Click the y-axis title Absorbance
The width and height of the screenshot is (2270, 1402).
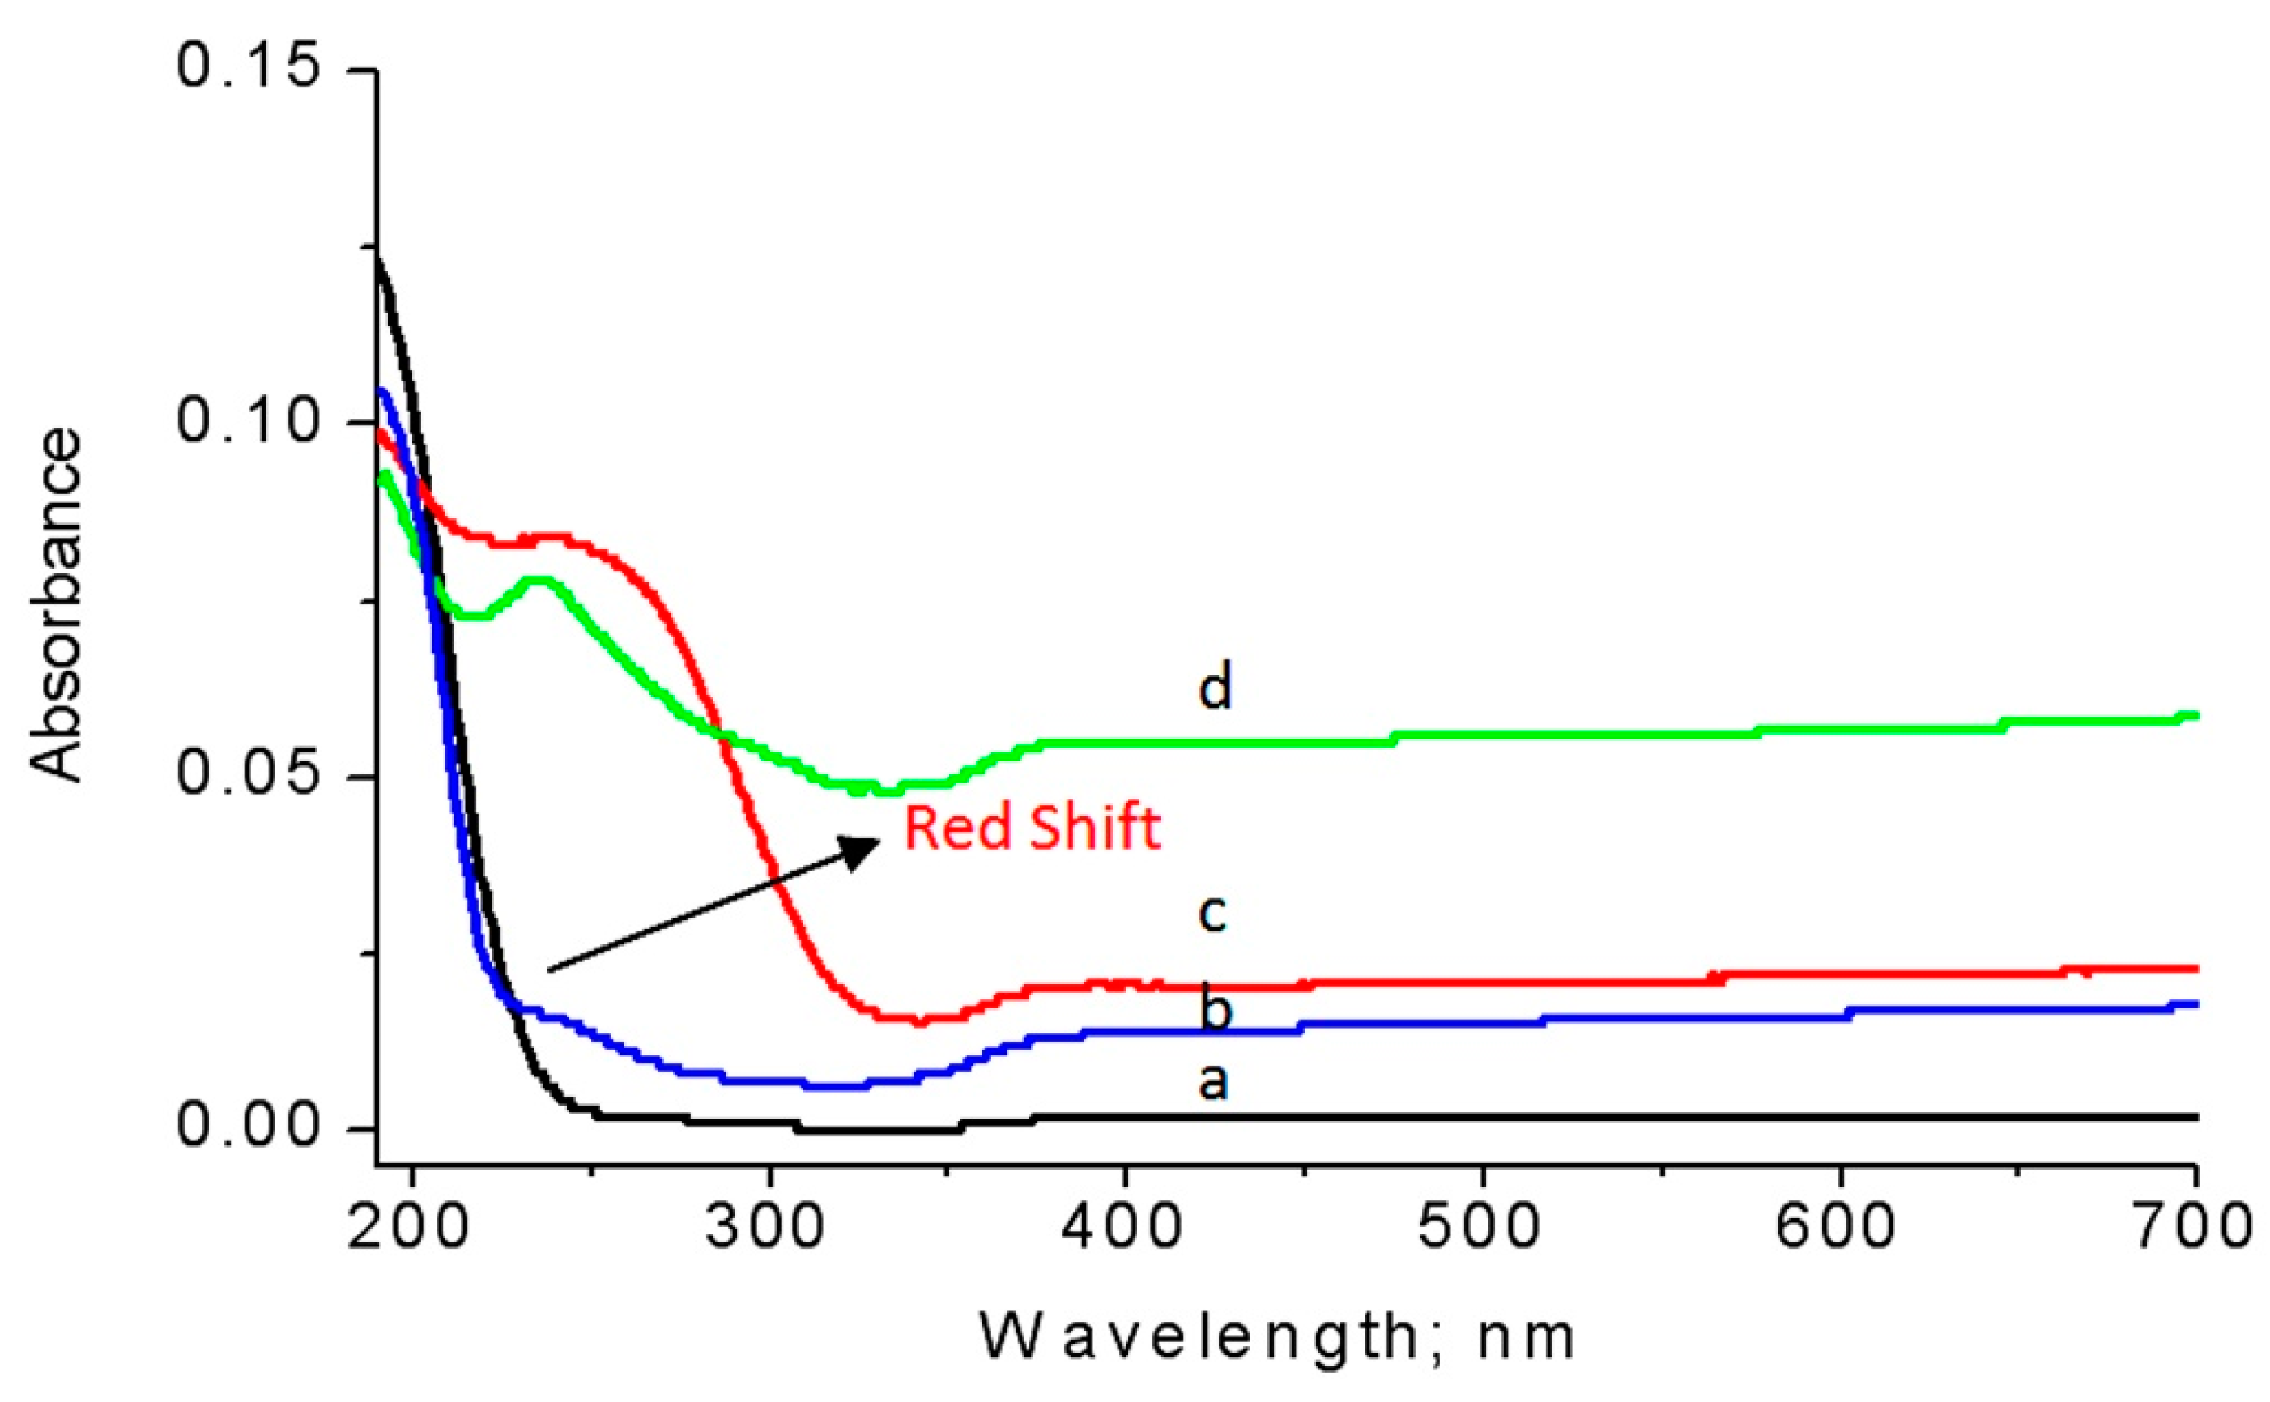[x=56, y=604]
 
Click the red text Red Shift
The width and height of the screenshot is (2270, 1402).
[x=1032, y=828]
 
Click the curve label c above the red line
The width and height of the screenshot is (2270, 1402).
[x=1212, y=913]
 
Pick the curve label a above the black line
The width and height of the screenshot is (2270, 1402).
[x=1213, y=1081]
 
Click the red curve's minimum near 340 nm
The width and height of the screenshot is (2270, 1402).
[x=918, y=1020]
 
